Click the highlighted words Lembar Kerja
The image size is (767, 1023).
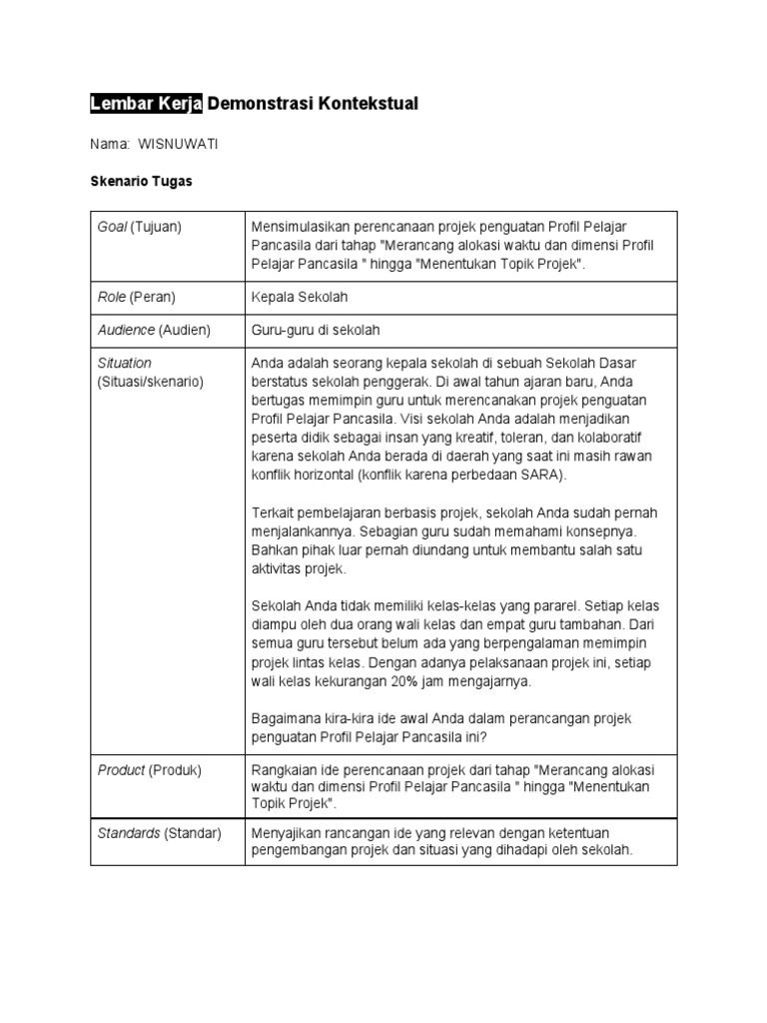[x=146, y=104]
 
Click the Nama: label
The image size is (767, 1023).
[x=110, y=144]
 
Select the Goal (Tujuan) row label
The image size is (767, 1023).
[x=139, y=227]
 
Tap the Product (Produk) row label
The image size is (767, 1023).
[x=148, y=770]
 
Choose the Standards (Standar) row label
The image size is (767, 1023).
[x=160, y=833]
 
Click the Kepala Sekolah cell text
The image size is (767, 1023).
[x=300, y=298]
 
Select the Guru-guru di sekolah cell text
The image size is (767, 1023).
[x=317, y=330]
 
